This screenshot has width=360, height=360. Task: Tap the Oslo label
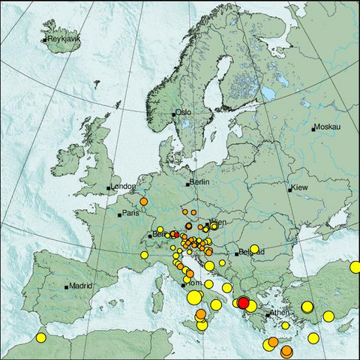pos(184,113)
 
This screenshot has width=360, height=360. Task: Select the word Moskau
pos(328,128)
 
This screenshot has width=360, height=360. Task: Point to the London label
pos(124,187)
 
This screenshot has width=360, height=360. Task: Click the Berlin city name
pos(199,182)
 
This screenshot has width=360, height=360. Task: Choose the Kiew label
pos(300,187)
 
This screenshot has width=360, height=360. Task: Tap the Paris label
pos(131,214)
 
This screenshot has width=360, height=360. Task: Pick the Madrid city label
pos(79,286)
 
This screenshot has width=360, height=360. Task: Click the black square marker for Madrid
pos(67,286)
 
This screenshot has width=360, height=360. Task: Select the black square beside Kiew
pos(290,190)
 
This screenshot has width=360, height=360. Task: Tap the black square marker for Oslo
pos(174,115)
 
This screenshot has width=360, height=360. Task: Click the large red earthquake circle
pos(243,303)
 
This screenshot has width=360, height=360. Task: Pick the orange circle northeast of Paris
pos(143,201)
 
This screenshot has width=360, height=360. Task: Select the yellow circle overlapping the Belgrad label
pos(254,249)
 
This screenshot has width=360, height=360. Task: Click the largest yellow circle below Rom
pos(194,298)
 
